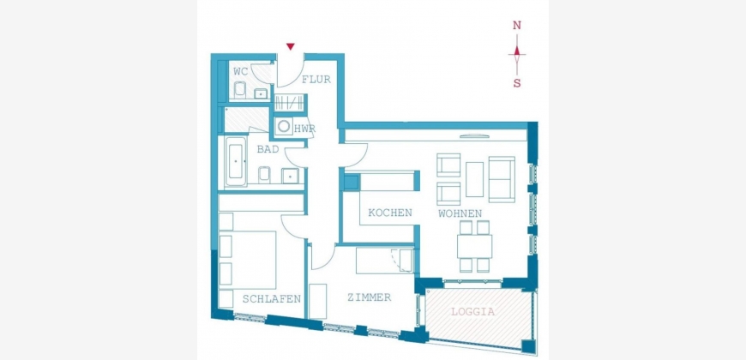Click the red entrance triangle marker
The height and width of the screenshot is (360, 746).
[290, 46]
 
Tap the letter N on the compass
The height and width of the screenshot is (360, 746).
[517, 26]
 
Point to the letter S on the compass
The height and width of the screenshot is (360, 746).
[517, 83]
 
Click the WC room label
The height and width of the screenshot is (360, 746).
[241, 72]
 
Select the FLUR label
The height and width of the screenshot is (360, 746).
[316, 80]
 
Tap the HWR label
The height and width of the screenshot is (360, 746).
[305, 129]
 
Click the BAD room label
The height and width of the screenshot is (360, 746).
[268, 149]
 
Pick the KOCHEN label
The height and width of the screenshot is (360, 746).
[390, 213]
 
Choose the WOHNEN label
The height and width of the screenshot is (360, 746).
[460, 213]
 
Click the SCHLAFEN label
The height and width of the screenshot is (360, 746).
[272, 298]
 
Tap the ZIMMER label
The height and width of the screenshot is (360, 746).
[370, 297]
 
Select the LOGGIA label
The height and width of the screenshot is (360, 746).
[473, 312]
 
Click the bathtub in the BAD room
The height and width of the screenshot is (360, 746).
[237, 161]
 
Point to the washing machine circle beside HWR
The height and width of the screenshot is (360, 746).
[285, 127]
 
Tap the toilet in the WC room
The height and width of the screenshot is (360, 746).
[240, 89]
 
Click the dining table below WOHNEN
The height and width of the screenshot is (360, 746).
[475, 246]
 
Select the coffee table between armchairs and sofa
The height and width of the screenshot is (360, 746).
[474, 179]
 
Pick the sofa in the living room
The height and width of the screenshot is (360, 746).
[502, 179]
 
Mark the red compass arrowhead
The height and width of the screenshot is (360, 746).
[517, 51]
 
